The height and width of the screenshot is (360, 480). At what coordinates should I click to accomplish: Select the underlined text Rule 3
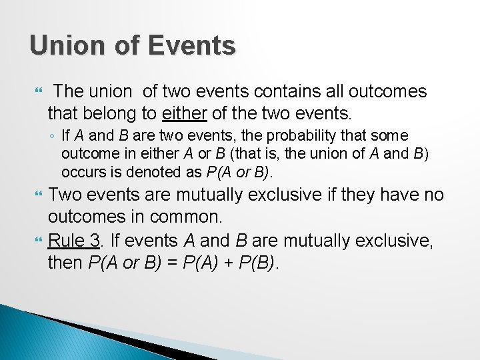[74, 241]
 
